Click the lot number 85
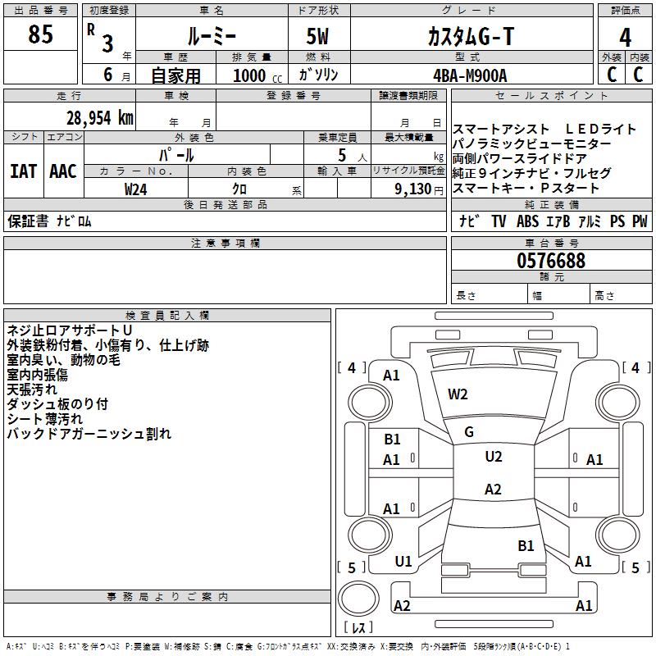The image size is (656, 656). click(40, 34)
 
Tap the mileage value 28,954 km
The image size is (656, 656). click(99, 118)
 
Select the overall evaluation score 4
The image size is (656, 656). click(625, 38)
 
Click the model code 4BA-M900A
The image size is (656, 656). click(470, 75)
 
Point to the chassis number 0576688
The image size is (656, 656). click(551, 260)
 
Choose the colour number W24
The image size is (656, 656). click(135, 189)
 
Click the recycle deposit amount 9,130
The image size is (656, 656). click(412, 189)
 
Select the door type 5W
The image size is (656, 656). click(317, 36)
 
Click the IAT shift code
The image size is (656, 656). click(24, 171)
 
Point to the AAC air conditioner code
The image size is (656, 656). click(63, 171)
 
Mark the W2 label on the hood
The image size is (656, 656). click(458, 394)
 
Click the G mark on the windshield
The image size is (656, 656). click(469, 432)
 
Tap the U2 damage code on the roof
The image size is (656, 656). click(494, 457)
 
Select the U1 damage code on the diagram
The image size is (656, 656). click(403, 562)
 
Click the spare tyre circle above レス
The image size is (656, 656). click(358, 599)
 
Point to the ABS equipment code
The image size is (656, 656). click(527, 221)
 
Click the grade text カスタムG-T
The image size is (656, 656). click(471, 36)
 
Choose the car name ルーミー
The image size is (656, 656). click(212, 36)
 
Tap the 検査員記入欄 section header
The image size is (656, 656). click(167, 316)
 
